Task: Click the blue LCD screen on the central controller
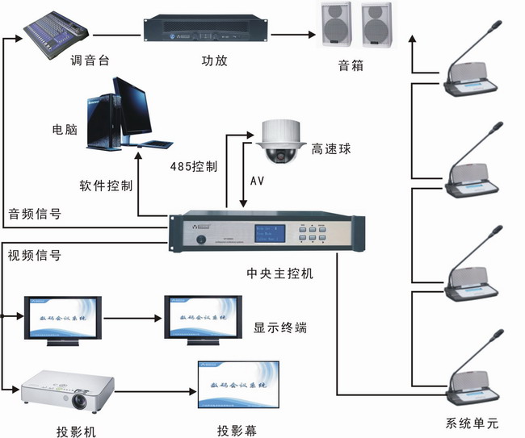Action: [x=271, y=235]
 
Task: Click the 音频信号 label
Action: [x=34, y=214]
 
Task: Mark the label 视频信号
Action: [x=34, y=257]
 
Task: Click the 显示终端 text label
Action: [x=280, y=327]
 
